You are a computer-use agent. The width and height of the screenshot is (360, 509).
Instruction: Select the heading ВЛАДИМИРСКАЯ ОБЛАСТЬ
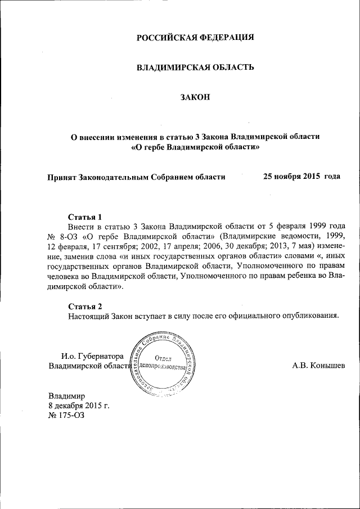coord(196,67)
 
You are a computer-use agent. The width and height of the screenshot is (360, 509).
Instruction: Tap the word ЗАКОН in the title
coord(195,97)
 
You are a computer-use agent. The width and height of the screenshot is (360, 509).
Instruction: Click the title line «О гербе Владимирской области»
coord(195,148)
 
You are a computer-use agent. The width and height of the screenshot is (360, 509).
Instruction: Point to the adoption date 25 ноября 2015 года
coord(301,177)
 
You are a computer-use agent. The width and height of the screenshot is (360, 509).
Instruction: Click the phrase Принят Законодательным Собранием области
coord(137,177)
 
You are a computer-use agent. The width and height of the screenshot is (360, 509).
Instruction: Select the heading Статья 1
coord(85,216)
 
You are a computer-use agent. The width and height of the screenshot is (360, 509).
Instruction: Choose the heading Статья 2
coord(85,307)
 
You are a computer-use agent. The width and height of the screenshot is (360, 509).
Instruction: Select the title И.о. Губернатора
coord(92,355)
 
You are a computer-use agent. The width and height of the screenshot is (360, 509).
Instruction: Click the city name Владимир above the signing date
coord(66,396)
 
